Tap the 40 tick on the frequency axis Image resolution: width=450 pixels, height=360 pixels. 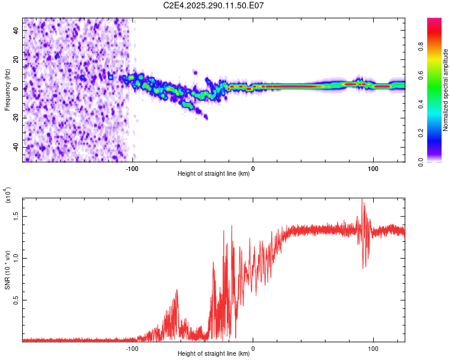click(17, 30)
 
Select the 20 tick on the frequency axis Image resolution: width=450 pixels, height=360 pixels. click(17, 59)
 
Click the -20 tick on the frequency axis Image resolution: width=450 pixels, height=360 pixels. click(17, 118)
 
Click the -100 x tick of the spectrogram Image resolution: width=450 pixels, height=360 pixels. click(132, 167)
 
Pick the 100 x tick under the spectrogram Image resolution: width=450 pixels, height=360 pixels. click(374, 167)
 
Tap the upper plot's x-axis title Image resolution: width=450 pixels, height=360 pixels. click(214, 174)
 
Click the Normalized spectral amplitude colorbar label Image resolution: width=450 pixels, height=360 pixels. click(445, 90)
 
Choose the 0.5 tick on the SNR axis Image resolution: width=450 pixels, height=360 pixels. click(17, 300)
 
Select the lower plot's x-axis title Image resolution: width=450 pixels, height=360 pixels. click(214, 354)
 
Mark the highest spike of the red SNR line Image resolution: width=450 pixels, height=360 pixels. click(362, 199)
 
